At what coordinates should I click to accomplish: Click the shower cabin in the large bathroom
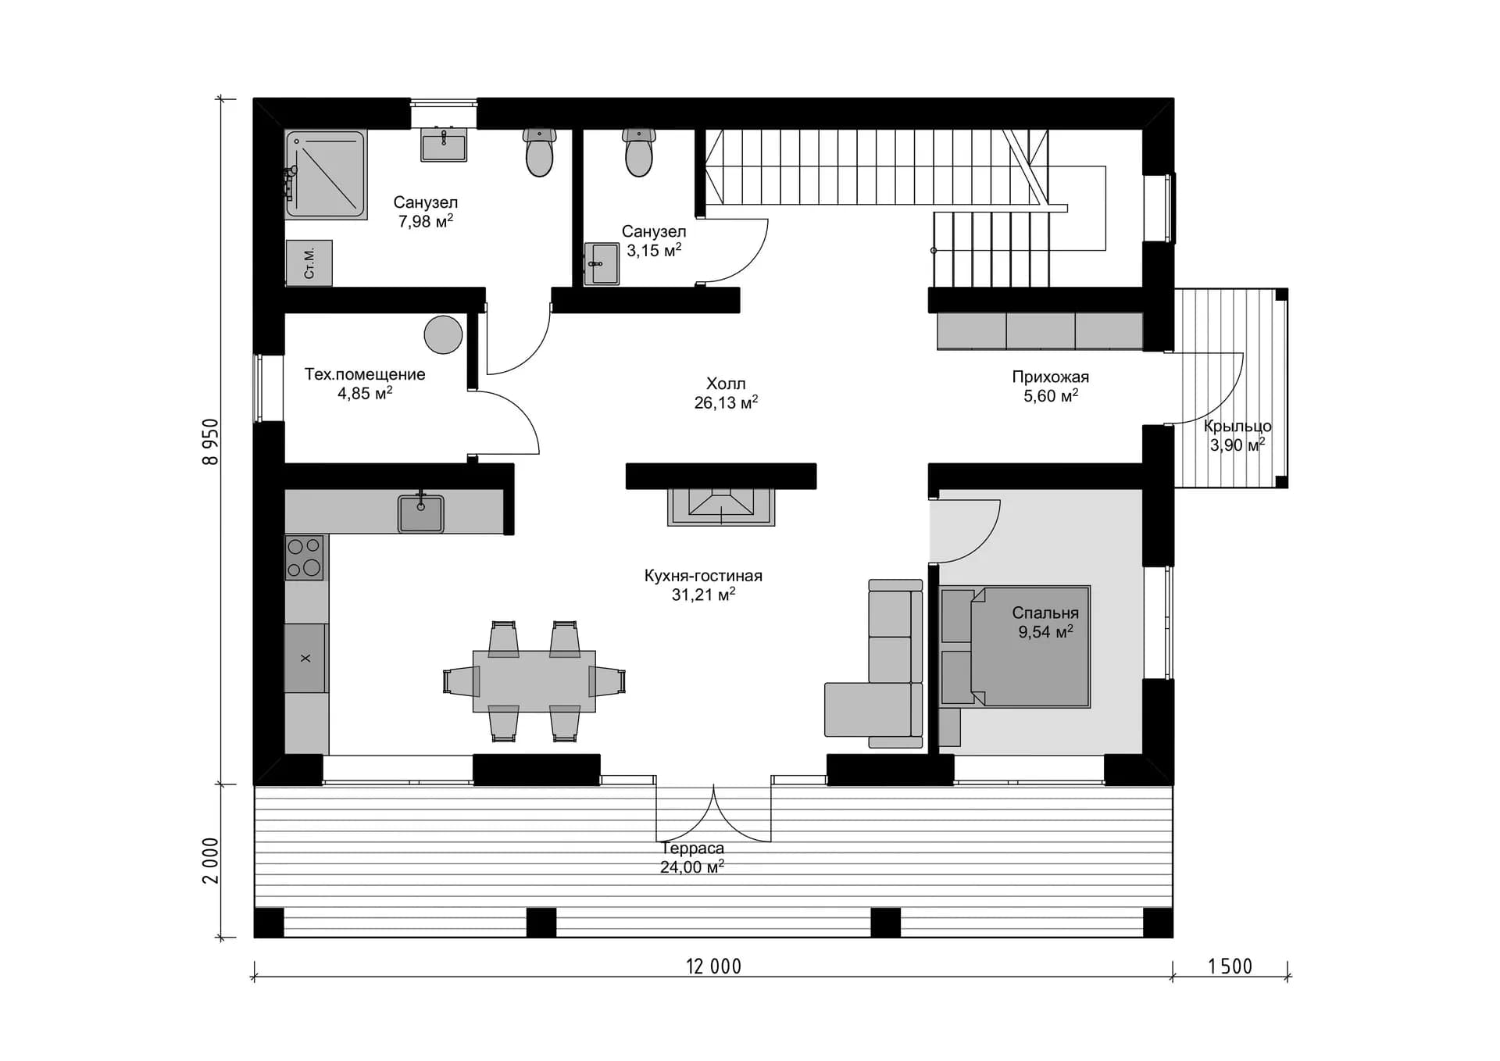(325, 174)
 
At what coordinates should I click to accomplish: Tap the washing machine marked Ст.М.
(309, 263)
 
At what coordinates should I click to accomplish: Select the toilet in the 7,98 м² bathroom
(540, 152)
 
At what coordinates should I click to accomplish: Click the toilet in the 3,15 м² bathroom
(638, 152)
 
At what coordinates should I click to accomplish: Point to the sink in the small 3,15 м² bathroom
(602, 264)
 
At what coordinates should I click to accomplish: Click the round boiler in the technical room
(443, 334)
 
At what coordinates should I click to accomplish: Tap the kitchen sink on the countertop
(420, 513)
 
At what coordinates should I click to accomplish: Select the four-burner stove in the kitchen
(304, 557)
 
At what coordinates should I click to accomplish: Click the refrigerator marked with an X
(305, 658)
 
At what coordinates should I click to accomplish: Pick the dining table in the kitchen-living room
(534, 681)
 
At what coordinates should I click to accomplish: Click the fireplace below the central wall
(721, 507)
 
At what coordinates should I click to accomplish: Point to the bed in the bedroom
(1015, 647)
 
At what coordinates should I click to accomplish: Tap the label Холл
(726, 384)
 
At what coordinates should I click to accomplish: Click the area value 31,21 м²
(703, 595)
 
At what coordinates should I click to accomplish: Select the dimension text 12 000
(713, 966)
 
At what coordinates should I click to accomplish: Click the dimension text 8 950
(211, 441)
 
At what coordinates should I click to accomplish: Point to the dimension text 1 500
(1230, 966)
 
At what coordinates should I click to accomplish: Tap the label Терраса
(692, 848)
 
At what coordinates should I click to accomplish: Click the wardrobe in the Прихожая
(1040, 330)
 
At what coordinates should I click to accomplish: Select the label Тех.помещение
(365, 374)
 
